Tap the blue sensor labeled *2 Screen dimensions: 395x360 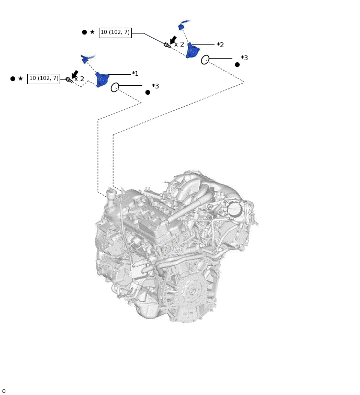[192, 51]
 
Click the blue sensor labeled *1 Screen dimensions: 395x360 [102, 80]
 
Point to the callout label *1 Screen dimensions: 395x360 [135, 74]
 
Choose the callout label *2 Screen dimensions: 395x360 [220, 45]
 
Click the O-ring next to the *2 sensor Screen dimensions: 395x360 [205, 60]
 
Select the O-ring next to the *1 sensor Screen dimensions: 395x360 [115, 87]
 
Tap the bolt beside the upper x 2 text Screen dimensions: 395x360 [167, 45]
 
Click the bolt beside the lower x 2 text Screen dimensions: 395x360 [69, 80]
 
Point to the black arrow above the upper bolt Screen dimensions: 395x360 [173, 40]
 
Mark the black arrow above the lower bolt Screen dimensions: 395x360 [75, 74]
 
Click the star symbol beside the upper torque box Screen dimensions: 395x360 [92, 32]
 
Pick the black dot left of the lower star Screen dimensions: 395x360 [13, 78]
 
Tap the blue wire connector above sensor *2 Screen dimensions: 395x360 [182, 26]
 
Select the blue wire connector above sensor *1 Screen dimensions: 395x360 [85, 60]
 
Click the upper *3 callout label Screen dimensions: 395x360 [244, 58]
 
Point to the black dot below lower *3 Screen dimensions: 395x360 [148, 92]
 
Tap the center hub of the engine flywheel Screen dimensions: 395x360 [192, 291]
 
